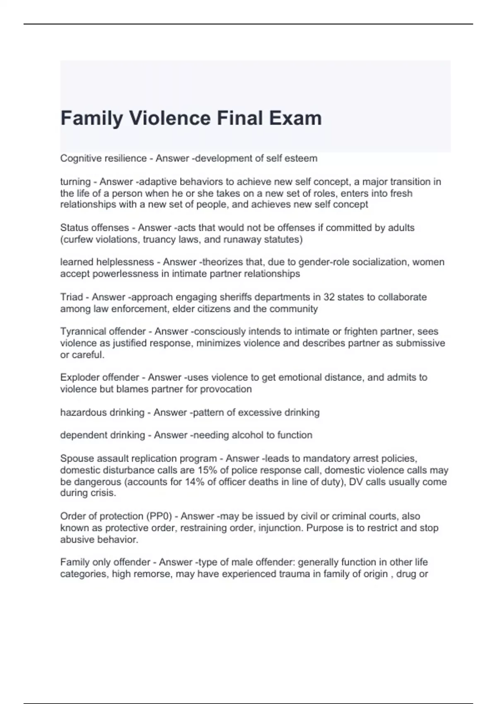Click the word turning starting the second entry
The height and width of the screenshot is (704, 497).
pos(75,182)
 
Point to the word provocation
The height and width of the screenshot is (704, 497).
pos(226,389)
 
